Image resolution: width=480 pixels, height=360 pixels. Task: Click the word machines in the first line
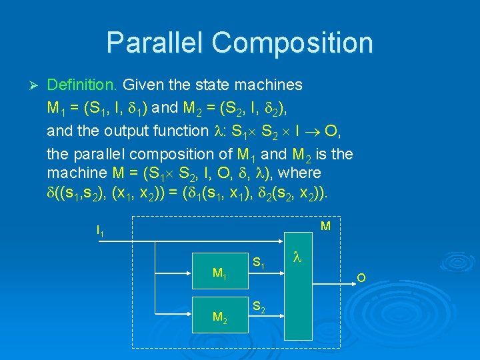tap(269, 85)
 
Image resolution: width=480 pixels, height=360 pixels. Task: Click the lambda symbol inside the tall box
tap(297, 255)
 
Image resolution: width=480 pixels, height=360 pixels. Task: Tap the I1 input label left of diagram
tap(100, 231)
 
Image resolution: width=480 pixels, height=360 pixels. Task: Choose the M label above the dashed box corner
tap(325, 227)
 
